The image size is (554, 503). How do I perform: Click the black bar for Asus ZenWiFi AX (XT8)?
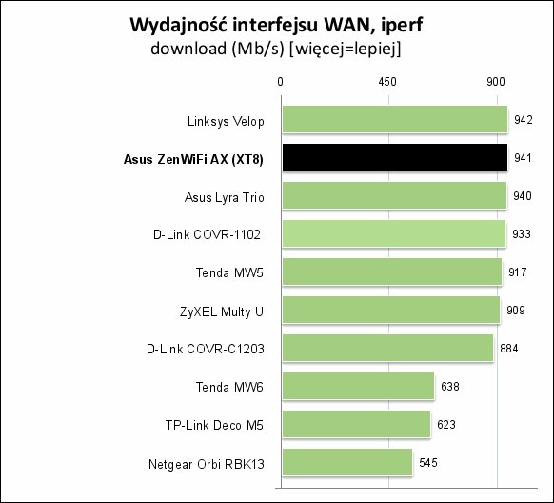click(395, 157)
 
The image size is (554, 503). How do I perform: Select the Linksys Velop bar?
click(395, 119)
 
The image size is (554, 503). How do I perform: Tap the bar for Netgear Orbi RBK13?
click(347, 462)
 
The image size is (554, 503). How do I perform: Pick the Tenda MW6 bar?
click(358, 386)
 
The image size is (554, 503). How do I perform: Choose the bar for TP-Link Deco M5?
click(357, 424)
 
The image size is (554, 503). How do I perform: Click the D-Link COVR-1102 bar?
click(394, 233)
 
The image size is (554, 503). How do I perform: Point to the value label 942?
click(524, 120)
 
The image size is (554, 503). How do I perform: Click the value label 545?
click(428, 462)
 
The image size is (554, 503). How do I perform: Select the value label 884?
click(509, 348)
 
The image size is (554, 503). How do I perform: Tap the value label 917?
click(518, 272)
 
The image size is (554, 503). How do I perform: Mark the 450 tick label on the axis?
click(387, 82)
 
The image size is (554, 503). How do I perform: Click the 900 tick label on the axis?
click(496, 82)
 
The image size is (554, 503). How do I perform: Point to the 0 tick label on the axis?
click(280, 82)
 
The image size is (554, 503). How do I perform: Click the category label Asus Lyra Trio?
click(225, 197)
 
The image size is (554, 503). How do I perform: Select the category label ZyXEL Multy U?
click(222, 312)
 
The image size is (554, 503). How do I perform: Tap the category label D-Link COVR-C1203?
click(206, 349)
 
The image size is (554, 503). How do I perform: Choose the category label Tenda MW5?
click(229, 272)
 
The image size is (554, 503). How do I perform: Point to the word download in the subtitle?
click(188, 48)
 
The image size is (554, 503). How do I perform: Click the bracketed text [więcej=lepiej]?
click(346, 49)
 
